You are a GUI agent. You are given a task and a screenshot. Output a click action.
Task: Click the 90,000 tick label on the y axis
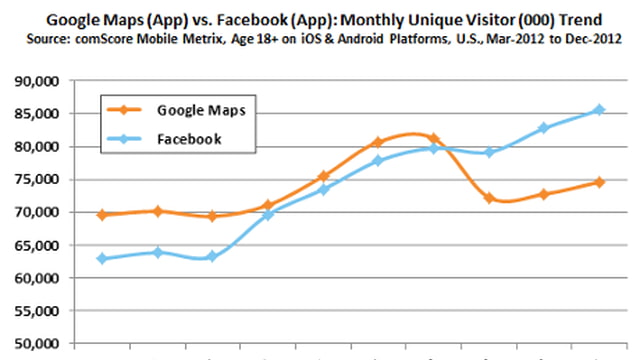35,80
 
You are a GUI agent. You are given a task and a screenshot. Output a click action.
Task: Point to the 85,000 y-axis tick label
35,113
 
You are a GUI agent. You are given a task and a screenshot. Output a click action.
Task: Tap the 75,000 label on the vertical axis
35,179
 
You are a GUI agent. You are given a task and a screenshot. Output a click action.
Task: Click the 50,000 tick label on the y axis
35,344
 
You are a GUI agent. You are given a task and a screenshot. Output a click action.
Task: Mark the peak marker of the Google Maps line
433,138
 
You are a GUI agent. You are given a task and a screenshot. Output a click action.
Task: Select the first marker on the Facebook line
101,258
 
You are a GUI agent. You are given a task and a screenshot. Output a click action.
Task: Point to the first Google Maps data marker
101,215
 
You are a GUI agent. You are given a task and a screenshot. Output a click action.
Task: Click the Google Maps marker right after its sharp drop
489,198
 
